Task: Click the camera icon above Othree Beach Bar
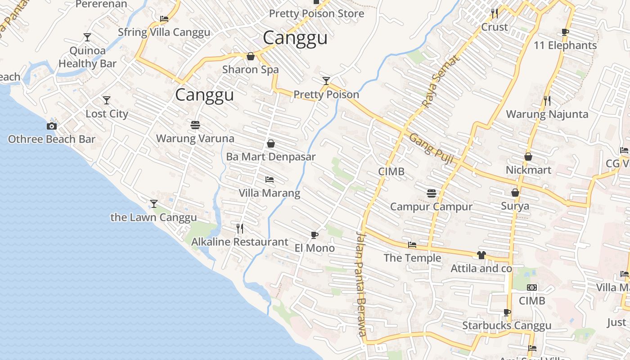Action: pos(52,126)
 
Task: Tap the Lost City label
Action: pos(107,114)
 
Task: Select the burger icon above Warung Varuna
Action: pos(195,125)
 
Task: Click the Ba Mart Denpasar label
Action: pos(270,157)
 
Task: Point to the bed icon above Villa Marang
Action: pos(270,180)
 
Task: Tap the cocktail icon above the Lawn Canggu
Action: pos(154,204)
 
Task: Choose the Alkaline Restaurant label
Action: pos(239,242)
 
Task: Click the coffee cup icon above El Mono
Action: pos(315,235)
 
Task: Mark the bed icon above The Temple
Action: pos(412,245)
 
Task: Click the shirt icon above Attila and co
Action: pos(481,255)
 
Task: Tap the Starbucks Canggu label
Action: pos(507,325)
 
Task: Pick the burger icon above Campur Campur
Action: pos(432,193)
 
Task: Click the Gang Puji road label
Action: pos(431,148)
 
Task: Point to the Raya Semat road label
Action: pos(441,81)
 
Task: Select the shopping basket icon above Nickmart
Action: pos(528,157)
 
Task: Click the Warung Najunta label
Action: pos(547,114)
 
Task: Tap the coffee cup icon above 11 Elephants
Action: pos(565,32)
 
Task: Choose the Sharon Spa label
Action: pos(251,70)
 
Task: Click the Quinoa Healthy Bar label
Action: pos(87,57)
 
